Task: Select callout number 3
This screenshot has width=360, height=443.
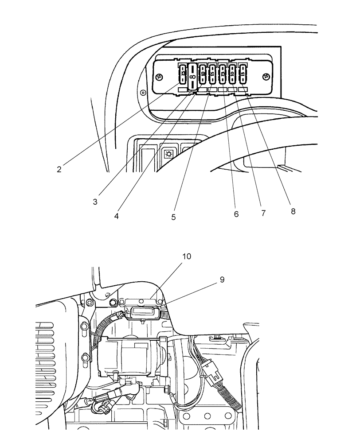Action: click(x=95, y=202)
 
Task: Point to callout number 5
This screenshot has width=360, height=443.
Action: click(x=174, y=217)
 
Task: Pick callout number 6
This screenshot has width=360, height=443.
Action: click(x=236, y=214)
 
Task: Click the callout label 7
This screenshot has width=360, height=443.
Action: click(x=263, y=213)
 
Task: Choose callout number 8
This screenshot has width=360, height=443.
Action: click(x=293, y=211)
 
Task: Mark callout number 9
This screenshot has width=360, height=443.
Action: click(x=222, y=280)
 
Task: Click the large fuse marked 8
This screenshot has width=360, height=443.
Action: click(x=192, y=76)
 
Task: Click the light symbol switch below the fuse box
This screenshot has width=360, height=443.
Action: click(x=169, y=154)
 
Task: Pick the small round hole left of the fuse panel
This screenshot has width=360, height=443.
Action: click(x=142, y=93)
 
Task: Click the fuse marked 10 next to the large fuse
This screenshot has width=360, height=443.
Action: click(x=203, y=74)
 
